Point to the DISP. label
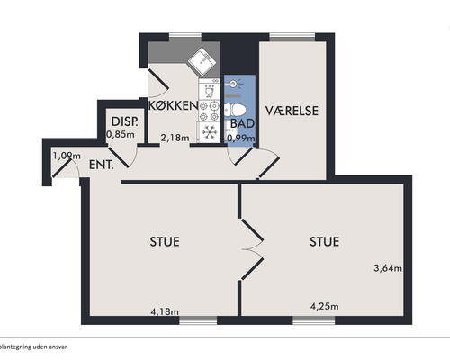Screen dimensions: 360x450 (121, 121)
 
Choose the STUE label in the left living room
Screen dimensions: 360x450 (165, 241)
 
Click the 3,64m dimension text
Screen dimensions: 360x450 (388, 267)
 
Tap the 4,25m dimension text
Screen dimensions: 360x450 (323, 307)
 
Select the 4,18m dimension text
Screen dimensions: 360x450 (165, 312)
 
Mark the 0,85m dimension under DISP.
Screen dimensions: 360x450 (121, 134)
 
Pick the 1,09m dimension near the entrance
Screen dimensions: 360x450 (65, 156)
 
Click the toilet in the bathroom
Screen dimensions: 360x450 (236, 106)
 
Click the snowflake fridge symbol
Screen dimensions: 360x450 (209, 131)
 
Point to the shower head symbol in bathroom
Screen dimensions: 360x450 (236, 85)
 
